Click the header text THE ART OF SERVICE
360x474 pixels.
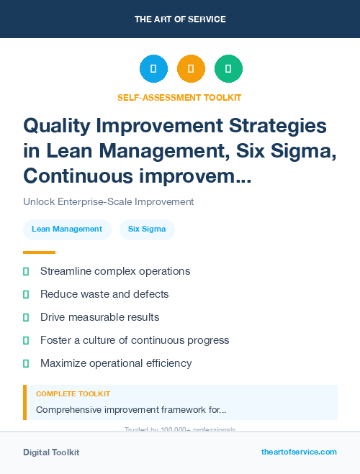[180, 19]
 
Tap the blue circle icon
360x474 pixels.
[153, 69]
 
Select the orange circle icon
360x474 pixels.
[191, 69]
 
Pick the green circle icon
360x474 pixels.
[228, 69]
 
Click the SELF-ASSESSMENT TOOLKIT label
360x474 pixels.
[179, 97]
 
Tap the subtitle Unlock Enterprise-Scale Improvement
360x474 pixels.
[108, 202]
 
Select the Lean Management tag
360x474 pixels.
[67, 229]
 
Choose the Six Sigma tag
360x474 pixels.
[147, 229]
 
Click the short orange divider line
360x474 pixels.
[39, 252]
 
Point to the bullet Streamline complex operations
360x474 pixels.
[115, 271]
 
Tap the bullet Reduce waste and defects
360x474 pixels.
[104, 294]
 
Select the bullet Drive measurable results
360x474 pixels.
[99, 317]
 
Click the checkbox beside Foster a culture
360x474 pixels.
[26, 340]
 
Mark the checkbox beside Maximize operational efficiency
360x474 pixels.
[26, 363]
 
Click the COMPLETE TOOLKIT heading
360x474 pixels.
[73, 394]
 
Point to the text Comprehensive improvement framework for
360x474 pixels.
[131, 410]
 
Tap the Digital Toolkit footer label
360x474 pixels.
[51, 452]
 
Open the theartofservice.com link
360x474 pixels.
[299, 452]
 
